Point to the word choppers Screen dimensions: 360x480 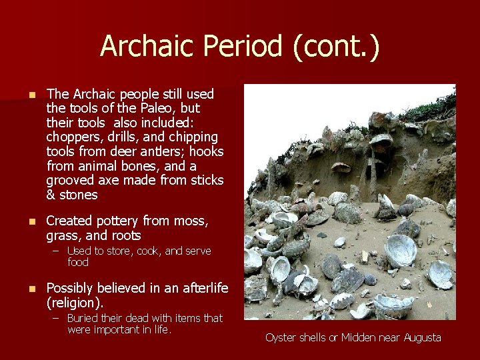tap(71, 137)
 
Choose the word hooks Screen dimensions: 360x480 tap(204, 151)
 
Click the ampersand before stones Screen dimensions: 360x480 tap(51, 195)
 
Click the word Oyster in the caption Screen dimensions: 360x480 tap(280, 337)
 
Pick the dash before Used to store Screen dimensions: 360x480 tap(57, 251)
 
